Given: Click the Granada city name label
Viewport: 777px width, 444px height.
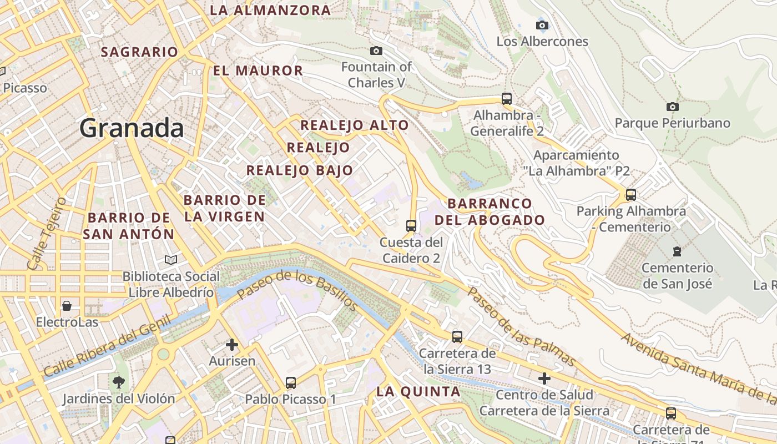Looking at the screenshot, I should click(132, 128).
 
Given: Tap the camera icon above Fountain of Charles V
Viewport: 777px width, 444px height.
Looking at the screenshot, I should click(376, 51).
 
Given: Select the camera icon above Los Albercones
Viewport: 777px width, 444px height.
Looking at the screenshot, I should click(542, 25).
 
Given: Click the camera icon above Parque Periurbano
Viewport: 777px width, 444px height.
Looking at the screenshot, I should click(672, 107).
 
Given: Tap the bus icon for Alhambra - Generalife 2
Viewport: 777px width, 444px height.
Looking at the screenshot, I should click(507, 99).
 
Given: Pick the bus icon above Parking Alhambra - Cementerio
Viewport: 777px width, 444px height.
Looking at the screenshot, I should click(630, 195).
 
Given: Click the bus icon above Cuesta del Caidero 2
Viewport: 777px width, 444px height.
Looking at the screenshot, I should click(411, 226).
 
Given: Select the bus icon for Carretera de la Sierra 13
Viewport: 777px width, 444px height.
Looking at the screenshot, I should click(457, 336).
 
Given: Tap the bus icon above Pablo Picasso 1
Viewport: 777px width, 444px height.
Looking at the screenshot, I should click(290, 382).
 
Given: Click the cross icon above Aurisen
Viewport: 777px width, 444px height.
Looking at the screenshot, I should click(232, 345).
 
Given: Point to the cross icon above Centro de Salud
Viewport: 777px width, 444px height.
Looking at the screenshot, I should click(544, 379).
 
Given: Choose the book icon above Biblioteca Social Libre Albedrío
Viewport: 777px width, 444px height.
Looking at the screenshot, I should click(171, 260).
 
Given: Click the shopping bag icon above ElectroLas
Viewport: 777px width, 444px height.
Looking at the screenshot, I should click(67, 306).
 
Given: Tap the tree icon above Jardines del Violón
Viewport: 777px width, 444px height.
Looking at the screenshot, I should click(118, 382).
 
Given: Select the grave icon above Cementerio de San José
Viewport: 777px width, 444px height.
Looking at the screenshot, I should click(677, 251).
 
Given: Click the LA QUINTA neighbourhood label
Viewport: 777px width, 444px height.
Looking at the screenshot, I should click(418, 391).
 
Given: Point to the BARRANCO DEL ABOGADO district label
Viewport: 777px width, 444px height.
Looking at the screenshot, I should click(490, 211).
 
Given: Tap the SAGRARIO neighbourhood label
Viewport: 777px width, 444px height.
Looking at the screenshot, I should click(139, 52).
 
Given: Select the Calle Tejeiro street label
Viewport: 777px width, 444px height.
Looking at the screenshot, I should click(47, 233).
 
